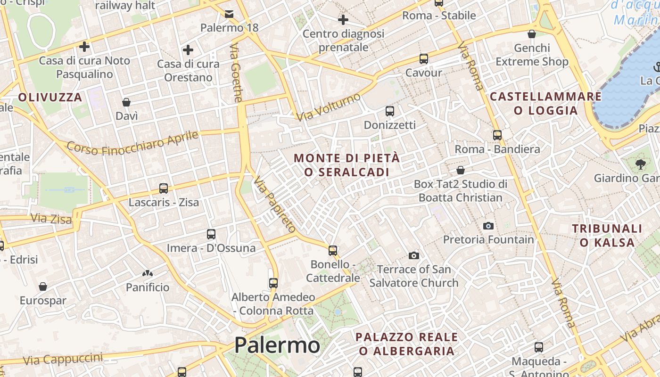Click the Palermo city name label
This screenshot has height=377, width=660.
click(x=277, y=345)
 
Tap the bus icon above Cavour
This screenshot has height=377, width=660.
click(x=424, y=59)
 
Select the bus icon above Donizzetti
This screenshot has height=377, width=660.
click(x=390, y=111)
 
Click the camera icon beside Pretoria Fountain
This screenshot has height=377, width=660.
click(x=488, y=226)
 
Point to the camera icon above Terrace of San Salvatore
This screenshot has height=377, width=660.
click(x=414, y=255)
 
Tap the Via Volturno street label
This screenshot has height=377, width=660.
click(x=329, y=107)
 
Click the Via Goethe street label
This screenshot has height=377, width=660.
click(x=236, y=73)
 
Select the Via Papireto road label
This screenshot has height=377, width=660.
click(x=274, y=205)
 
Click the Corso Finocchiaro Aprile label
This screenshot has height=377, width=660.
click(x=132, y=143)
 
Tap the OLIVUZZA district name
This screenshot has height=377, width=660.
click(x=50, y=98)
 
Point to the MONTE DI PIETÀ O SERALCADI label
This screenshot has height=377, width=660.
click(x=347, y=165)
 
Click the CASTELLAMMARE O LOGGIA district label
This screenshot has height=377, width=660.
click(x=546, y=104)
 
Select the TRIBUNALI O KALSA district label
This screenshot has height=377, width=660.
click(x=607, y=236)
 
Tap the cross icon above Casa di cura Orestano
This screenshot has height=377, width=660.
click(x=188, y=50)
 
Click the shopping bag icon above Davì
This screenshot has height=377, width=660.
click(x=126, y=102)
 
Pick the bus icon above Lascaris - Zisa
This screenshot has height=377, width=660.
click(x=164, y=188)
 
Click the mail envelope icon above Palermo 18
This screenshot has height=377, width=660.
click(x=229, y=14)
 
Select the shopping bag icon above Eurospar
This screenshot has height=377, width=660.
click(x=43, y=287)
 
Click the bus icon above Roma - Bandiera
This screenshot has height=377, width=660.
click(x=497, y=135)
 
